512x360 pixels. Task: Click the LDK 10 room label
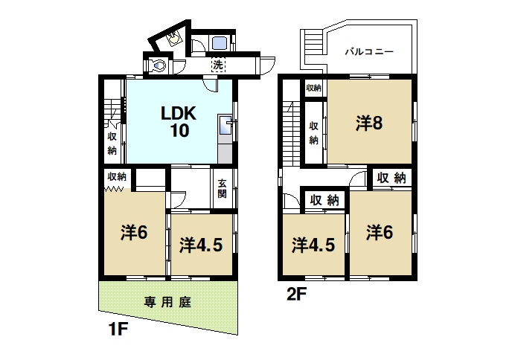tap(179, 122)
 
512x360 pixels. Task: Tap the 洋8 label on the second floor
tap(369, 123)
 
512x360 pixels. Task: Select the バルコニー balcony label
tap(369, 51)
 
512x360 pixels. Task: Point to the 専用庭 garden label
tap(167, 302)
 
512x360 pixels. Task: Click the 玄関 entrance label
tap(222, 189)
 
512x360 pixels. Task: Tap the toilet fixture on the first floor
tap(158, 65)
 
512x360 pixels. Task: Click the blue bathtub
tap(220, 42)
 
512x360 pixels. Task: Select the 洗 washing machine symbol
tap(218, 65)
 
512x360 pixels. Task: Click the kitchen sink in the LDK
tap(225, 124)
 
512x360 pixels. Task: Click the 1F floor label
tap(118, 329)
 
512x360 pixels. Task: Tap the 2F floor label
tap(296, 294)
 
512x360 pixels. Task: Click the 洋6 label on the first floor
tap(134, 233)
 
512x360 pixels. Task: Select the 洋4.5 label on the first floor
tap(201, 245)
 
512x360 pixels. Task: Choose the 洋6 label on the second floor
tap(379, 232)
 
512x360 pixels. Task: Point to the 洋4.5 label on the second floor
tap(313, 245)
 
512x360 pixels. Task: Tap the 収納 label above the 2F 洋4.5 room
tap(324, 200)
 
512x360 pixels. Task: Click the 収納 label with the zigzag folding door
tap(117, 176)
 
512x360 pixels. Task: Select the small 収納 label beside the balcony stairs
tap(313, 88)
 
